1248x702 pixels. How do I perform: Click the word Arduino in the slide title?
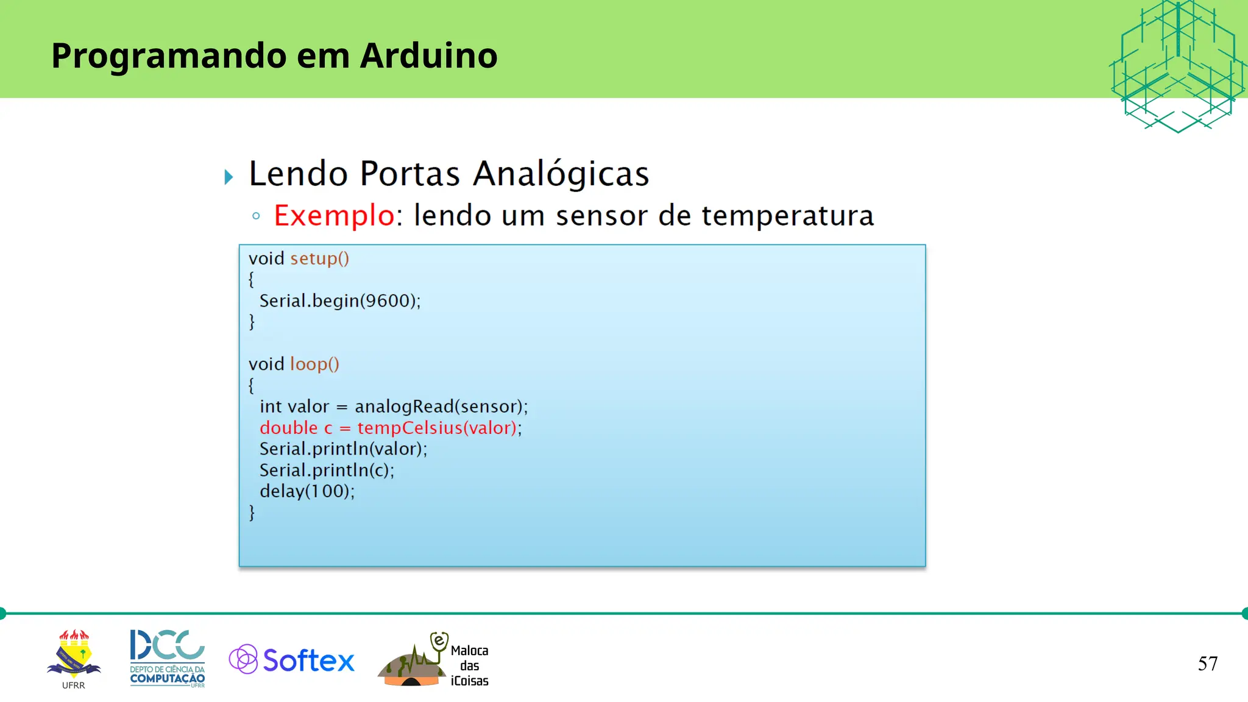pos(428,55)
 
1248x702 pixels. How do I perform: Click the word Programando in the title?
pos(169,57)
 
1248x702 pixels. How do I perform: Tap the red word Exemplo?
pos(334,216)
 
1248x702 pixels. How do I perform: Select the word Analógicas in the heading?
pos(561,174)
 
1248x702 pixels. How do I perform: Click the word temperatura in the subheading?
pos(787,216)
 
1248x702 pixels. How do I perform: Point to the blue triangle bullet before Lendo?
pos(229,177)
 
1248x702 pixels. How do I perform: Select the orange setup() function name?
pos(319,258)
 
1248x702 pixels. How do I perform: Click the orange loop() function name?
pos(314,364)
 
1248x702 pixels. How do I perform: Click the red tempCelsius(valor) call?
pos(437,428)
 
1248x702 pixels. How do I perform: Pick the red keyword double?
pos(288,428)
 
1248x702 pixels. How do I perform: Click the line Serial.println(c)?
pos(327,470)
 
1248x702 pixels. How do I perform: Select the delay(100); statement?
pos(307,491)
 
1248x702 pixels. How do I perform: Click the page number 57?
pos(1207,664)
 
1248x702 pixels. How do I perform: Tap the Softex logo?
pos(292,660)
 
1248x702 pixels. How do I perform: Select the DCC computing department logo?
pos(168,658)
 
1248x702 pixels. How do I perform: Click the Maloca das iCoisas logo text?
pos(469,665)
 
